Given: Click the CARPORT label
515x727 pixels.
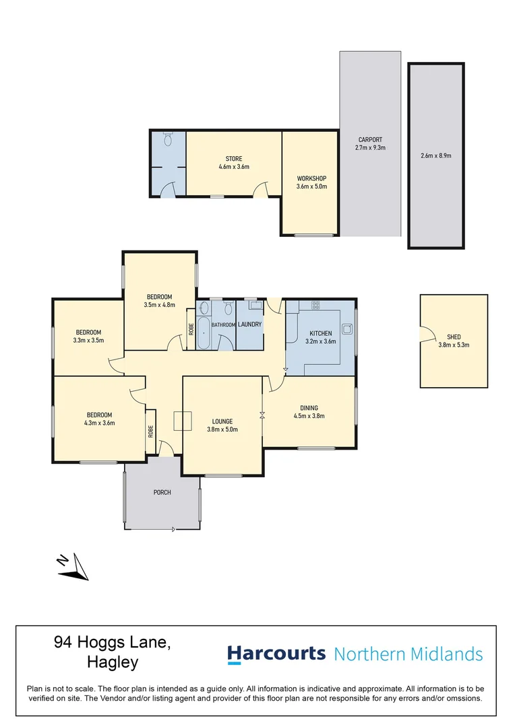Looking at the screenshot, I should point(370,140).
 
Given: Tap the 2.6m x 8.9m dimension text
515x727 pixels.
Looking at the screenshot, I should point(435,155).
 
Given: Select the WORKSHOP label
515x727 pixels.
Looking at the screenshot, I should point(311,178).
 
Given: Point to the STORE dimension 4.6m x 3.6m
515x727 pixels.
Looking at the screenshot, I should point(234,167).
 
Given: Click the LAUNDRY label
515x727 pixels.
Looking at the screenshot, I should point(249,324).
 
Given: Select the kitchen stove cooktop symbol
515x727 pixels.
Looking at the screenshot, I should point(315,305).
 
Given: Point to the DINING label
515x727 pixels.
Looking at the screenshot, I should point(309,408).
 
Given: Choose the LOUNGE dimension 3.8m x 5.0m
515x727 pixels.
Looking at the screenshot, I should point(222,429).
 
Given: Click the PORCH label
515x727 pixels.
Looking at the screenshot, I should point(162,493).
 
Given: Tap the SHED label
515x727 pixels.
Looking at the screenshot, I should point(454,337).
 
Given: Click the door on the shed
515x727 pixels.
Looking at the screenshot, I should point(424,333).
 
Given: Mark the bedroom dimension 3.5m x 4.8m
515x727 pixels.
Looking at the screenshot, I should point(159,305).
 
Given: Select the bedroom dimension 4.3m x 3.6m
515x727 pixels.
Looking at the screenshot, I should point(99,423).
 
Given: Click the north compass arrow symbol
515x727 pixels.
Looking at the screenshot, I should point(73,565).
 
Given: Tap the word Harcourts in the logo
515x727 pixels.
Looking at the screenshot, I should point(276,654).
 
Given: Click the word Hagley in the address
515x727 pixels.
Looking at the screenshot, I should point(113,662).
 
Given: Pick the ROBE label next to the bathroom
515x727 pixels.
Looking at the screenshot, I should point(191,330).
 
